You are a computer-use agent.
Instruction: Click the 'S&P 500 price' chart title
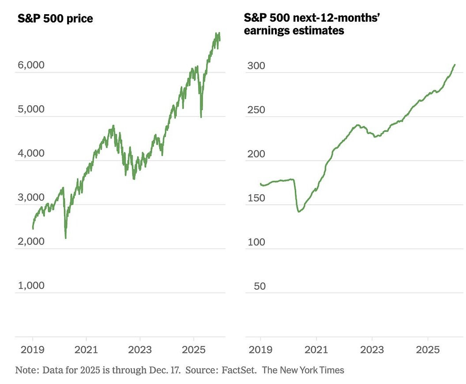(55, 19)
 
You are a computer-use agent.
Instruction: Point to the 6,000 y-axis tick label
(31, 65)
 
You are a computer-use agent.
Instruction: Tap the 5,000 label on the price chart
(31, 109)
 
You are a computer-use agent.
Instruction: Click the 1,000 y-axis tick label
(31, 285)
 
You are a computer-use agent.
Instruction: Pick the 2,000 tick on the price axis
(31, 242)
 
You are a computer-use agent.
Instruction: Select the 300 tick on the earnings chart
(256, 66)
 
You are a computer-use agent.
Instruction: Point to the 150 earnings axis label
(256, 198)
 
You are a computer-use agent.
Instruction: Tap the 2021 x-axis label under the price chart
(86, 349)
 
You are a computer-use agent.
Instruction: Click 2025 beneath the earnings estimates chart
(428, 349)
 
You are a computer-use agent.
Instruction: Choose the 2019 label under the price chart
(33, 349)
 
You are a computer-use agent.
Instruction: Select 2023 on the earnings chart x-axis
(372, 349)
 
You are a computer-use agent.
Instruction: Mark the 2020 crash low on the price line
(65, 238)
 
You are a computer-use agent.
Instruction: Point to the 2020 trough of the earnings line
(299, 211)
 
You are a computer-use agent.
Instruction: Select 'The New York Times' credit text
(303, 369)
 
